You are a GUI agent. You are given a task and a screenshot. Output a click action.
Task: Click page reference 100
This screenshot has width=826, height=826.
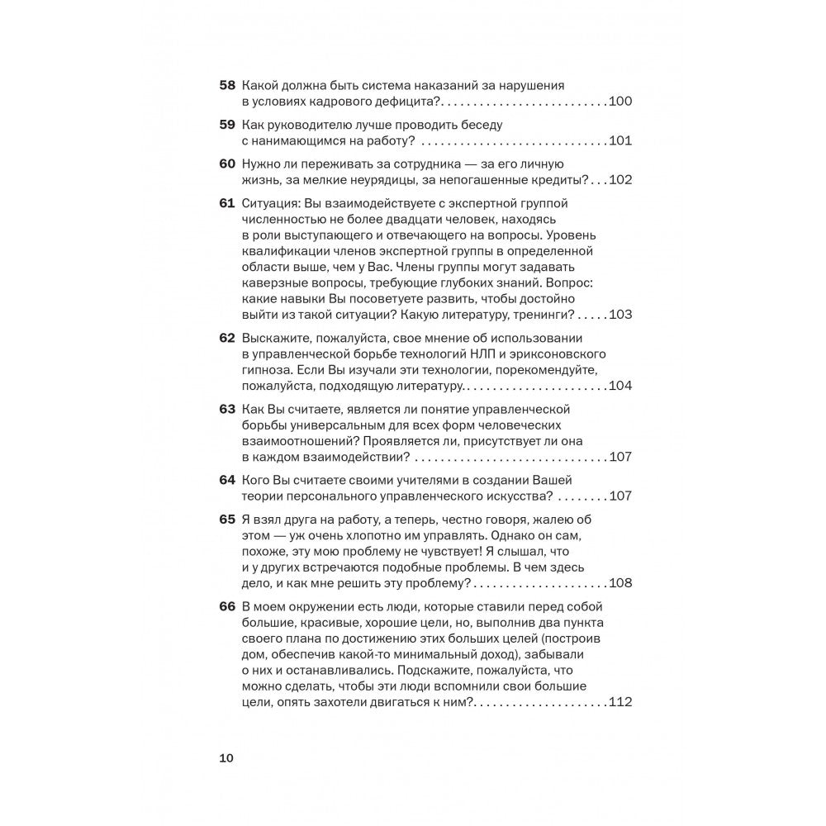(619, 102)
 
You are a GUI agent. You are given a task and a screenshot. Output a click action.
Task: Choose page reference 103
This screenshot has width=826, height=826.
(619, 315)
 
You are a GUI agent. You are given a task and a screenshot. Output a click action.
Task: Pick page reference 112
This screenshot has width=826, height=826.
(619, 703)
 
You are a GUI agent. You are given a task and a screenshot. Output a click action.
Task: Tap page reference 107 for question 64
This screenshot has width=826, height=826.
(619, 496)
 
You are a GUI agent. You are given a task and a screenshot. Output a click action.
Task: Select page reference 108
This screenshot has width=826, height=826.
(619, 583)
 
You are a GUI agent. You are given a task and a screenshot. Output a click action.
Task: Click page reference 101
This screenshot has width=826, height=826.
(619, 140)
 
